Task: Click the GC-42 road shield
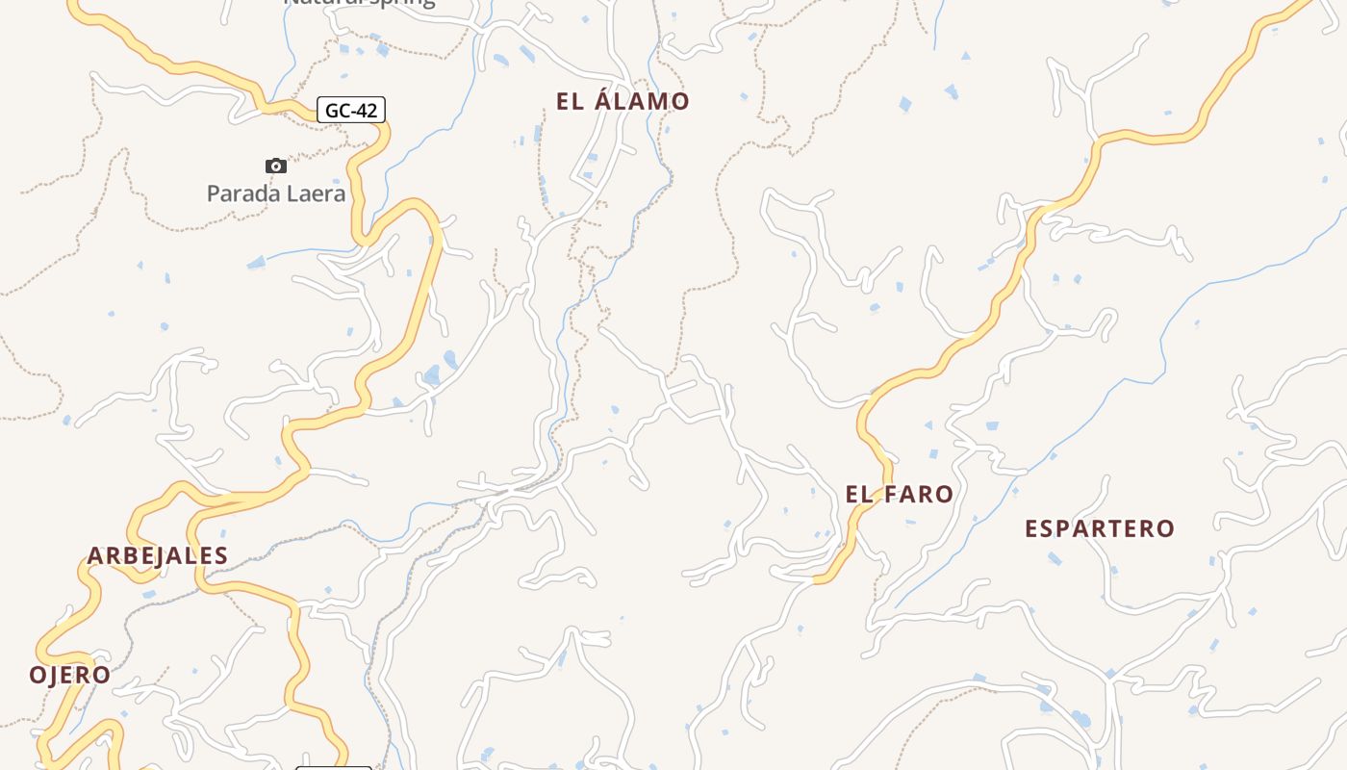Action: tap(351, 111)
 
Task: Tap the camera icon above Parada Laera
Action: tap(276, 166)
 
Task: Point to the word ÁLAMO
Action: tap(642, 101)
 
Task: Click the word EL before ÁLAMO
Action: tap(570, 101)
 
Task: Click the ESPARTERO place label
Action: tap(1100, 528)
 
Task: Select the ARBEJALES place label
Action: tap(158, 555)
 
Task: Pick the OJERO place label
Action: tap(69, 675)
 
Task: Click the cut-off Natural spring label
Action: tap(359, 3)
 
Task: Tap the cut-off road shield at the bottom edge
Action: tap(333, 767)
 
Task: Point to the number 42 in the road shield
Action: tap(366, 111)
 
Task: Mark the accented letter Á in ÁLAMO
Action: tap(605, 100)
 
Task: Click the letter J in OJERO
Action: tap(54, 676)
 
